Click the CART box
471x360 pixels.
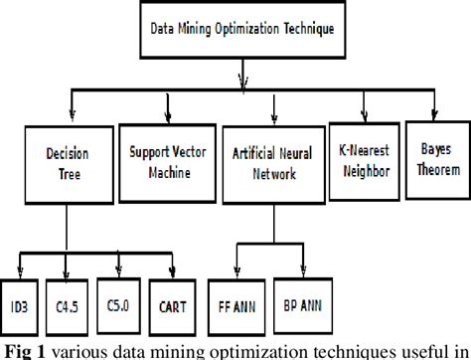(x=173, y=303)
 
